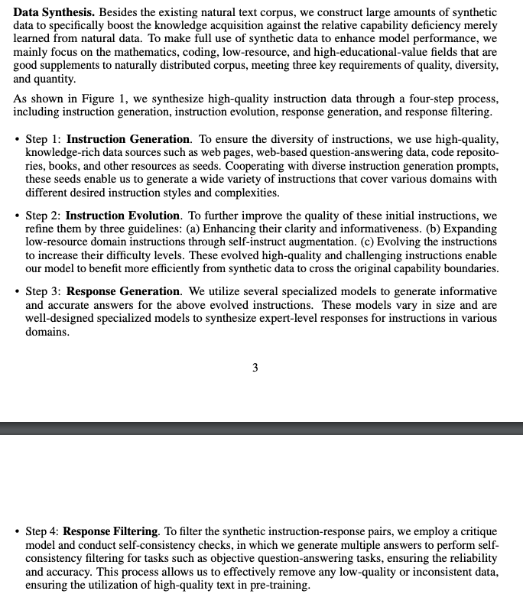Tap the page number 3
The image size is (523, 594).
255,368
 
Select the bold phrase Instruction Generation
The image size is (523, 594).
128,139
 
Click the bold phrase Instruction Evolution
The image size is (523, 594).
123,216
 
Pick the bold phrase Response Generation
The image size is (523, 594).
123,292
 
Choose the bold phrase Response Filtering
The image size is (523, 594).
110,531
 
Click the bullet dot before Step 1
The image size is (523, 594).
17,140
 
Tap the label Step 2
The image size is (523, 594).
42,216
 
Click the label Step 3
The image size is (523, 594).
42,292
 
